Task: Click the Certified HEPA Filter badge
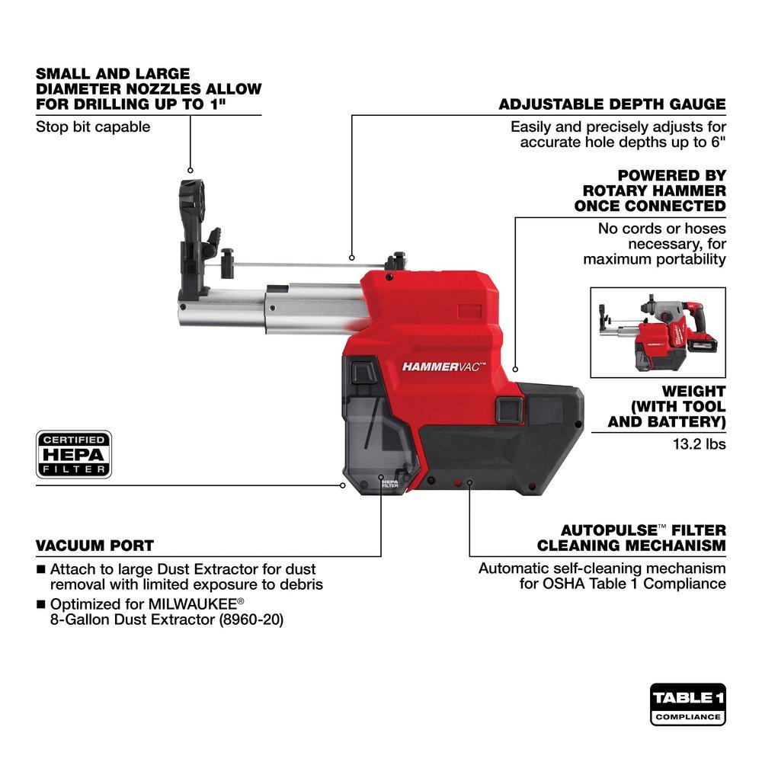(74, 454)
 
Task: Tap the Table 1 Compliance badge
(687, 704)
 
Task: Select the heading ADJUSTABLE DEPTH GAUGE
(612, 104)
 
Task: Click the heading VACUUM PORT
(94, 546)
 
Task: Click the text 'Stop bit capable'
(93, 126)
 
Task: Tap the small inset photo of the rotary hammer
(658, 332)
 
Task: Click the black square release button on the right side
(507, 409)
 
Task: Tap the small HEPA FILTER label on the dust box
(389, 484)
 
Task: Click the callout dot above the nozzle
(190, 170)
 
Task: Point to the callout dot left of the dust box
(343, 484)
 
